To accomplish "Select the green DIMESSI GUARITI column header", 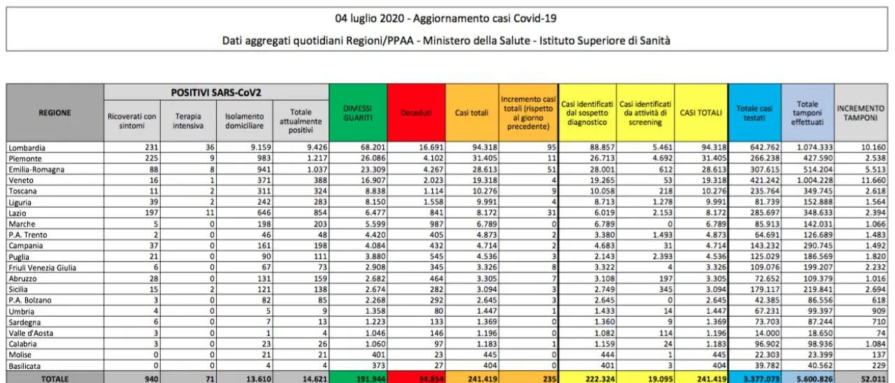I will (x=357, y=113).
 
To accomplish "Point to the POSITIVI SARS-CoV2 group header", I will (x=216, y=92).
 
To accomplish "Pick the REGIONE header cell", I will (x=55, y=113).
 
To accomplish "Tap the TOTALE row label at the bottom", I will (x=55, y=378).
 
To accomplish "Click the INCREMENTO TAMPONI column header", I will (x=861, y=113).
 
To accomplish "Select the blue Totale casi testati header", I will (x=754, y=113).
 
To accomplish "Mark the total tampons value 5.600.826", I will (x=808, y=378).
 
